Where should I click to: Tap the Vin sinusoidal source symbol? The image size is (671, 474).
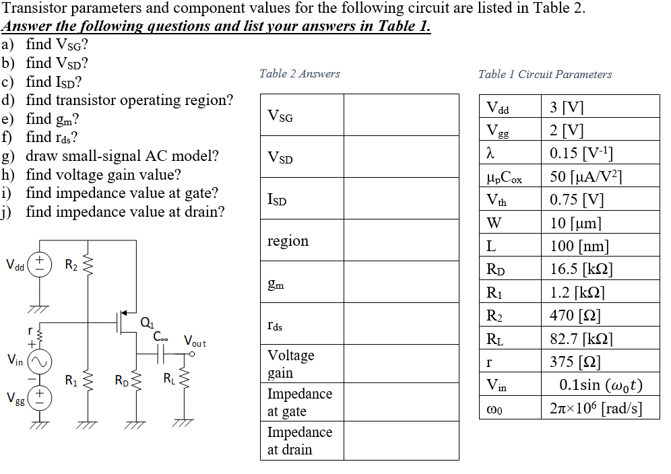[40, 362]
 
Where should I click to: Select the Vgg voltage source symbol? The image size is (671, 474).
[40, 397]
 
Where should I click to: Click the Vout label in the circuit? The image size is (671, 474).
[195, 342]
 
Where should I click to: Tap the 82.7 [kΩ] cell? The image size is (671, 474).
[581, 339]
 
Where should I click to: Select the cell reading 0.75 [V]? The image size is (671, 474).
[577, 200]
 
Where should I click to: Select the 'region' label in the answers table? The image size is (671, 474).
[288, 241]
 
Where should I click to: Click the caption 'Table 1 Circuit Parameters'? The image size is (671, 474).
[544, 75]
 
